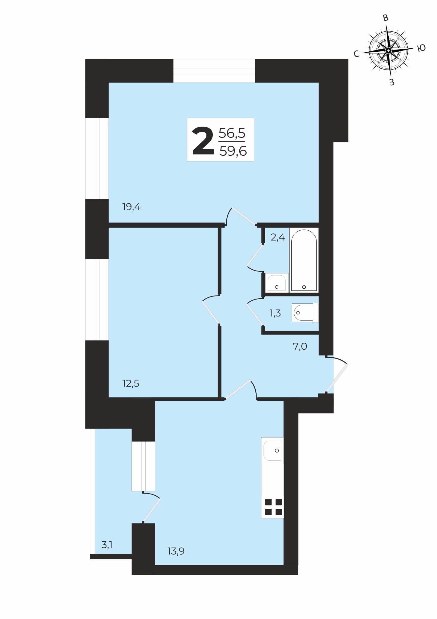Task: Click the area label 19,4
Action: coord(131,207)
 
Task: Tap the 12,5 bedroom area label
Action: coord(131,384)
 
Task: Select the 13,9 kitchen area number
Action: coord(176,551)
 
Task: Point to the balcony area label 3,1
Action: coord(107,545)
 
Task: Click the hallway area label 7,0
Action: coord(300,346)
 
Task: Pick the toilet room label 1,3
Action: coord(275,313)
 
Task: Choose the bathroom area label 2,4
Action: coord(278,238)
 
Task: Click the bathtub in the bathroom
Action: coord(304,260)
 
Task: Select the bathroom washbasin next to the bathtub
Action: coord(277,283)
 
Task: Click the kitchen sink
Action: coord(272,451)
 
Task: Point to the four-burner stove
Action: coord(273,507)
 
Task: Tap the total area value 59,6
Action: coord(233,151)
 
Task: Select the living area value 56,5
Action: coord(232,133)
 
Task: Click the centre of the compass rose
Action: coord(388,50)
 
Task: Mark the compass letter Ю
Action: coord(421,48)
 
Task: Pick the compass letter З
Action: coord(392,82)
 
